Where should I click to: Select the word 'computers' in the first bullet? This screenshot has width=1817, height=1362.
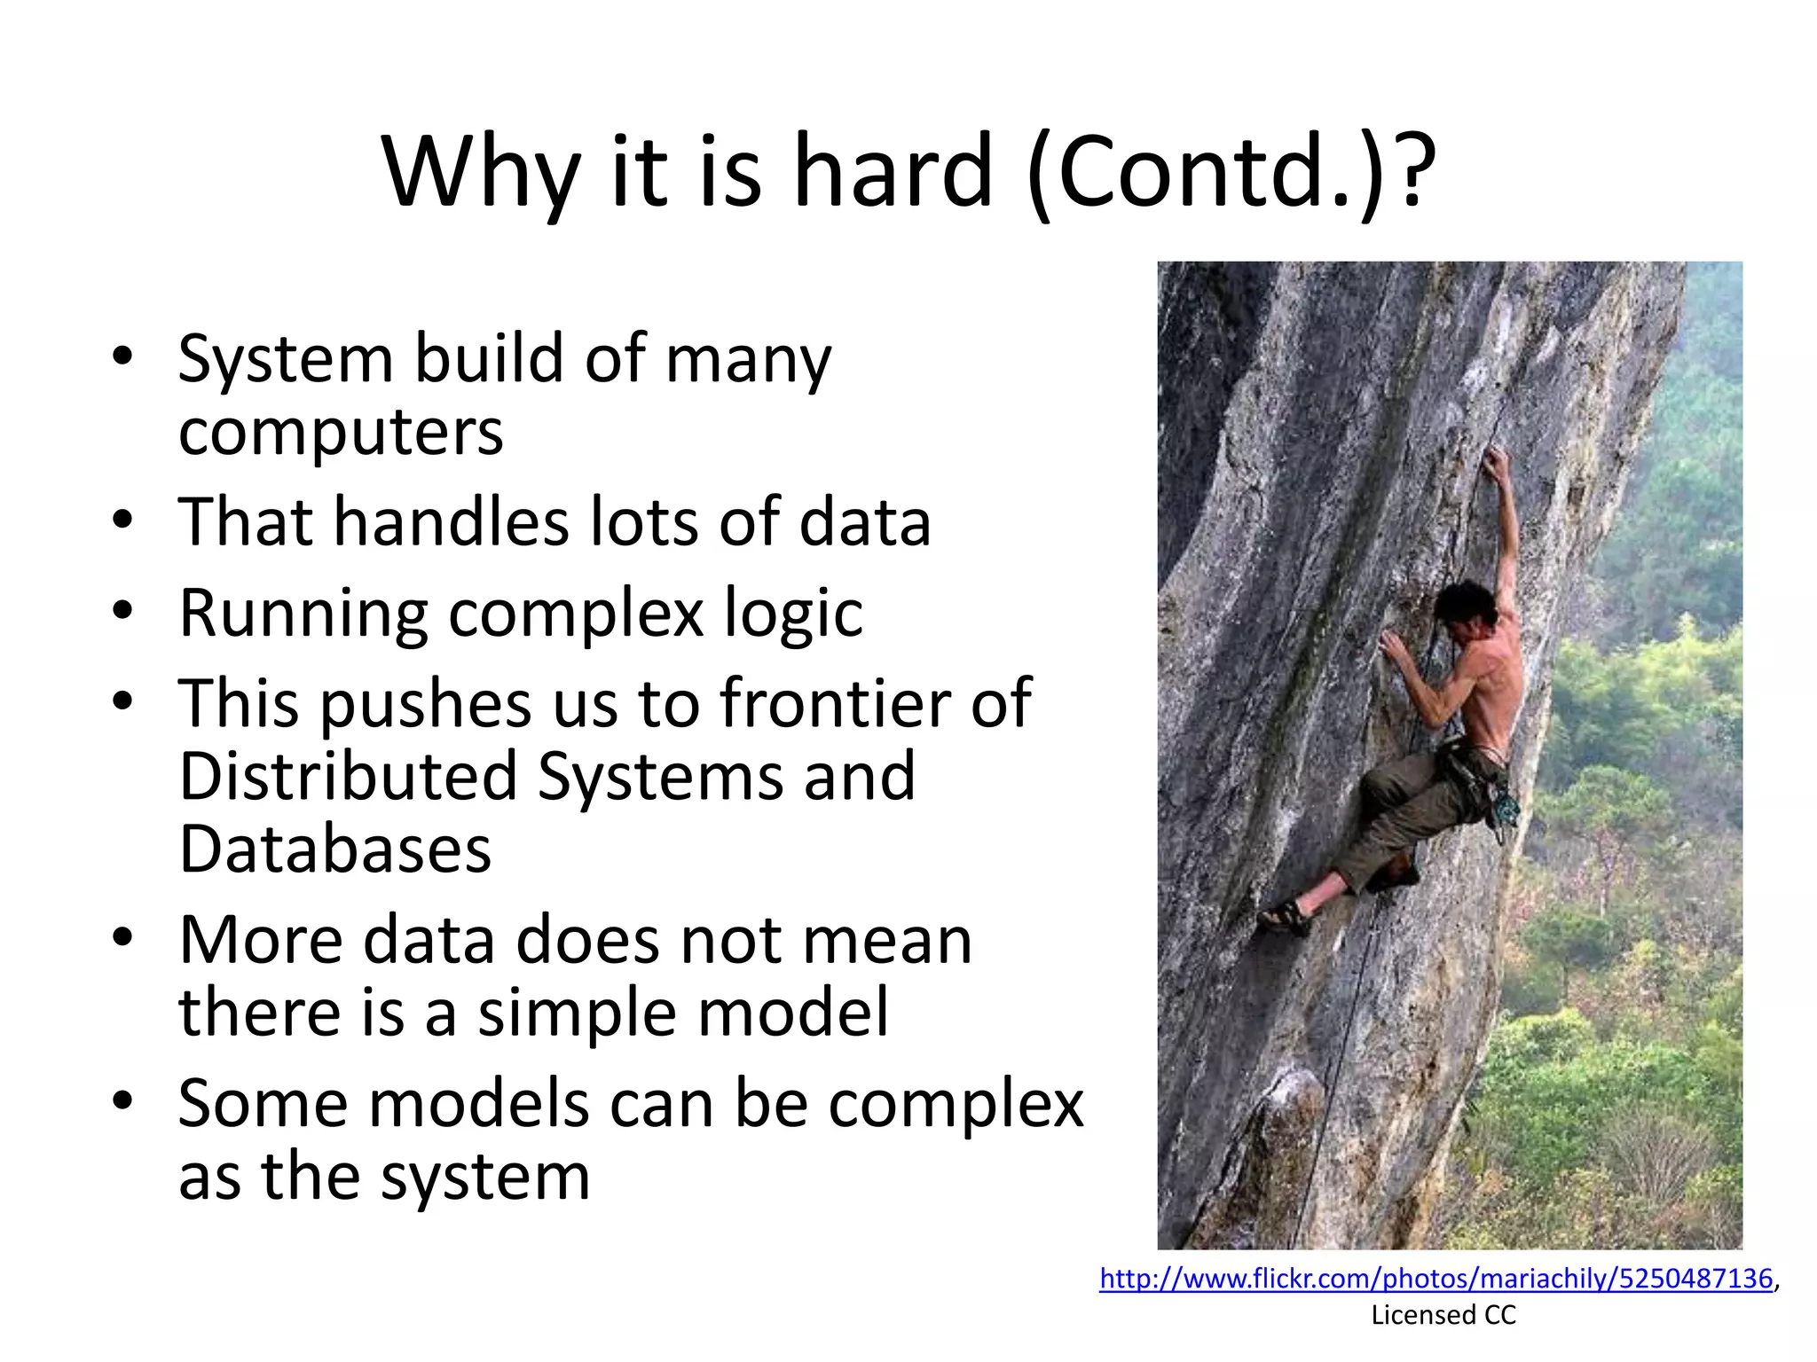tap(341, 433)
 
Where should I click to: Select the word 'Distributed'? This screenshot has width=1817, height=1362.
tap(348, 776)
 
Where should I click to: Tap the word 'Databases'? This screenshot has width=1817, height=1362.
tap(334, 849)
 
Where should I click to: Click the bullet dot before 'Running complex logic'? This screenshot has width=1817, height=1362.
tap(122, 610)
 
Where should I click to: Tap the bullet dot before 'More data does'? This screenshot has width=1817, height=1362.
tap(122, 936)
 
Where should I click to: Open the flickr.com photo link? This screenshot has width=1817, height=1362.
tap(1436, 1279)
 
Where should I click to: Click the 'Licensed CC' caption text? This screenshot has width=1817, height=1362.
tap(1443, 1315)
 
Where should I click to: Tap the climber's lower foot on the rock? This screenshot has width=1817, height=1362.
tap(1285, 915)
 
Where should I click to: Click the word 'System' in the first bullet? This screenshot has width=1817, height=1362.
tap(285, 359)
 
